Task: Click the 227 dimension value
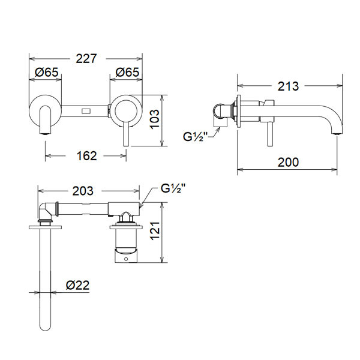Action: pyautogui.click(x=86, y=59)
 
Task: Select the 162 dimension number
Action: pyautogui.click(x=86, y=156)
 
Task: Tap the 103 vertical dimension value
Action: pyautogui.click(x=155, y=119)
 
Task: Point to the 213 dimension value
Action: pyautogui.click(x=288, y=86)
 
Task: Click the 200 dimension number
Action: pyautogui.click(x=288, y=162)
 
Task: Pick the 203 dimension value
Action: pyautogui.click(x=83, y=191)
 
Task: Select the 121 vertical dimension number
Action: pyautogui.click(x=155, y=231)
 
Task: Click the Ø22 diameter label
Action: pyautogui.click(x=77, y=285)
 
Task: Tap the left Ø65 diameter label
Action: pyautogui.click(x=47, y=72)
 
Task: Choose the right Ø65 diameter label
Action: pyautogui.click(x=127, y=72)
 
